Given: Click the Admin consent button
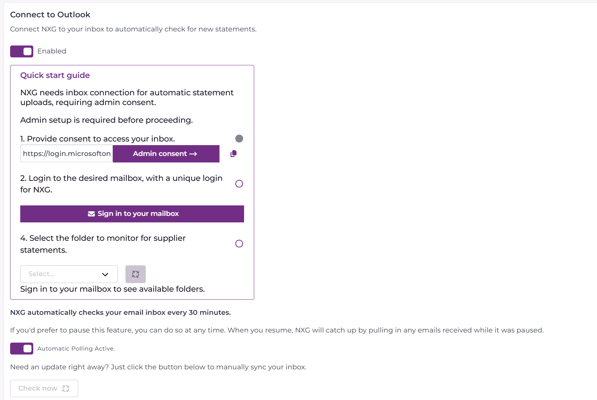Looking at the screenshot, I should click(166, 154).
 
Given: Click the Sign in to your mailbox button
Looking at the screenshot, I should click(132, 214).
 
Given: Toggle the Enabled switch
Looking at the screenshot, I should click(22, 51).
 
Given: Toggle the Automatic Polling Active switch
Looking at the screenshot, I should click(22, 348).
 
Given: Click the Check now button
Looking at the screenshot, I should click(44, 388).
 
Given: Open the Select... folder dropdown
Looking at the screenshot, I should click(69, 274).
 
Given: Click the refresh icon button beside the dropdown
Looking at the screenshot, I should click(136, 274).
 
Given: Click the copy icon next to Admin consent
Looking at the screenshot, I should click(234, 154).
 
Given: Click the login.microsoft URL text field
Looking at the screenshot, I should click(67, 154).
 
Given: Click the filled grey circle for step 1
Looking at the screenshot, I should click(239, 139).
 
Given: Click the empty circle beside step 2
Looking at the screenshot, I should click(239, 184).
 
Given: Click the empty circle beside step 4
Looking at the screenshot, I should click(239, 244).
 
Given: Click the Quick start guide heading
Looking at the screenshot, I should click(55, 75).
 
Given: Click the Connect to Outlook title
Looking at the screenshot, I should click(50, 15).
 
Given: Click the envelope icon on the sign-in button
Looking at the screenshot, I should click(91, 214).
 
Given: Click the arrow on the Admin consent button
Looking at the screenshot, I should click(193, 154).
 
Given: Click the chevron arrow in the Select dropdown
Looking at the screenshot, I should click(105, 274).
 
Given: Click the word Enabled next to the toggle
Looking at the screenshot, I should click(52, 51).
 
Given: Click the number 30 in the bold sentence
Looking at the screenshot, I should click(193, 313).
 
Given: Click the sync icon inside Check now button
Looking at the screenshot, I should click(66, 388).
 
